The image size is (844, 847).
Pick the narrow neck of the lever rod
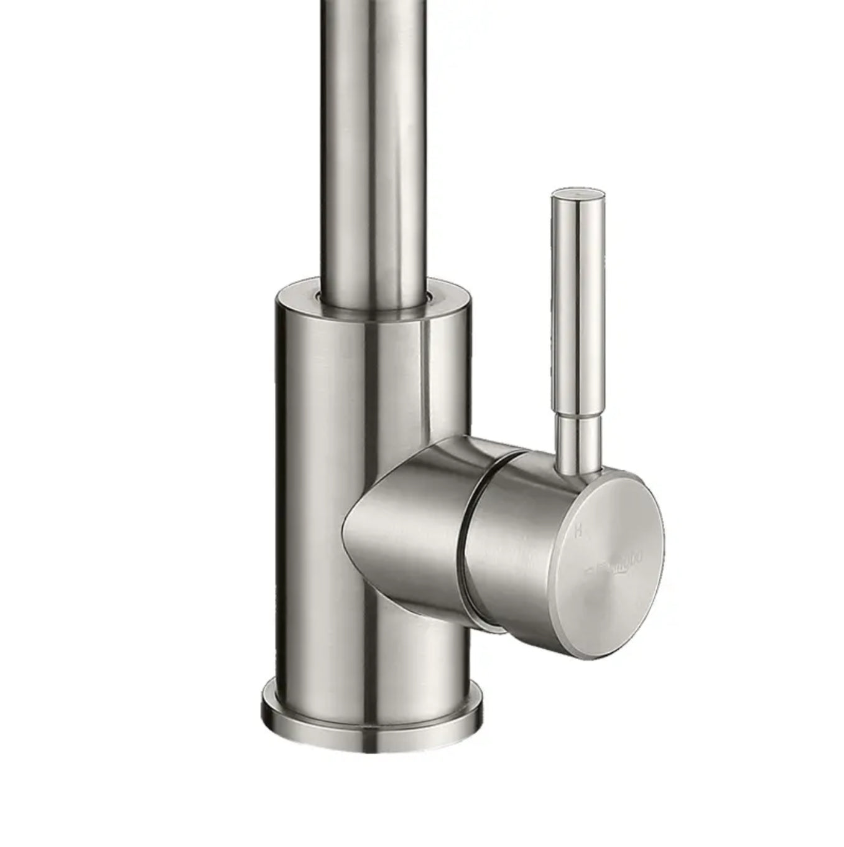tap(578, 439)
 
